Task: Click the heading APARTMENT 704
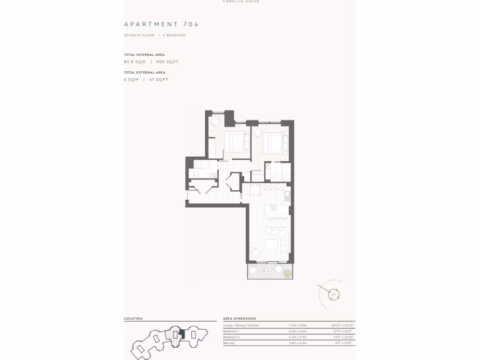(161, 24)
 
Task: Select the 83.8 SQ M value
(135, 62)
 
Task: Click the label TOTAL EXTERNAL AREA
(144, 73)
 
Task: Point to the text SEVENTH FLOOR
(139, 35)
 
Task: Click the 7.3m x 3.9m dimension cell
(298, 325)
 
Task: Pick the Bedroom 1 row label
(231, 331)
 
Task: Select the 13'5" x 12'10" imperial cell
(342, 337)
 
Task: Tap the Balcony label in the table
(229, 343)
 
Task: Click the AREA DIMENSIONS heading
(240, 319)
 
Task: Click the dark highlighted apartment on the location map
(182, 334)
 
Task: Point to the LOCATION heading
(133, 319)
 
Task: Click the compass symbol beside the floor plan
(333, 294)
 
